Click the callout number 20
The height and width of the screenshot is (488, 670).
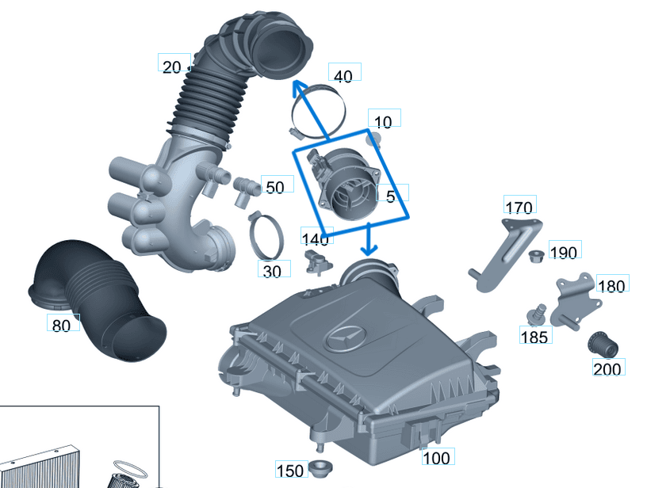point(172,67)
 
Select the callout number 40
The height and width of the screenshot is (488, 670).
point(343,76)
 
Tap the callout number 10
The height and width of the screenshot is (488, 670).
point(383,122)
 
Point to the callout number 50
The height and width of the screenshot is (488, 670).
point(274,187)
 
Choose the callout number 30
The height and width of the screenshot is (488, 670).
point(272,271)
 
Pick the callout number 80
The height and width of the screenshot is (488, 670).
point(61,325)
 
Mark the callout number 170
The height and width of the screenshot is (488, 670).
point(519,208)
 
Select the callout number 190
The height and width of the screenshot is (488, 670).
point(564,253)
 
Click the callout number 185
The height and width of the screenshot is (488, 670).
point(534,337)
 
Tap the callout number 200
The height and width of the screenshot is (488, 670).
point(608,368)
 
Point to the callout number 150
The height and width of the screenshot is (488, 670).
point(290,471)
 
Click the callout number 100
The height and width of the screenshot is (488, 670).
point(436,458)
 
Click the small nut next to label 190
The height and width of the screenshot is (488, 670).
point(535,254)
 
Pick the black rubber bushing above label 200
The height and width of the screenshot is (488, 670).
point(603,345)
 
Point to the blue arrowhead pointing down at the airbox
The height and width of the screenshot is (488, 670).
point(368,250)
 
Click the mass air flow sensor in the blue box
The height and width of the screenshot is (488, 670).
point(346,184)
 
